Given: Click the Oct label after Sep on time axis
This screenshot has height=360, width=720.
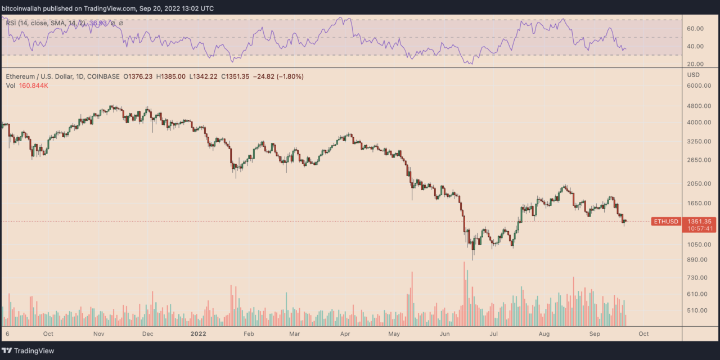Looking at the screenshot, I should (643, 334).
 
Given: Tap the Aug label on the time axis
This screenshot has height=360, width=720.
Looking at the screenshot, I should (544, 334).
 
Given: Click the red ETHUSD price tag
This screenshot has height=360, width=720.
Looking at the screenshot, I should (665, 222).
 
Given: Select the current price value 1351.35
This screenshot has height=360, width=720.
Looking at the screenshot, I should (698, 222).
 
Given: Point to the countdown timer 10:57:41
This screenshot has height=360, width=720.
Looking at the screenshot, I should (698, 228).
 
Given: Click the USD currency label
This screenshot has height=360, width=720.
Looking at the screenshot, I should (694, 75).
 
